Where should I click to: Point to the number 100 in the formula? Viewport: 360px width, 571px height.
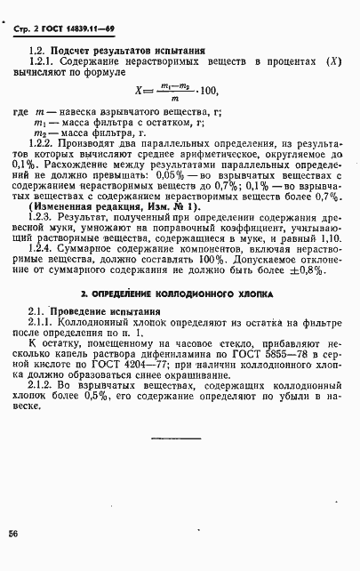point(206,91)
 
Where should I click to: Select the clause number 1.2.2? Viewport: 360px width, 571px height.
point(44,143)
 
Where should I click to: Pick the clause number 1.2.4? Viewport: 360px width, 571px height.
point(44,251)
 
